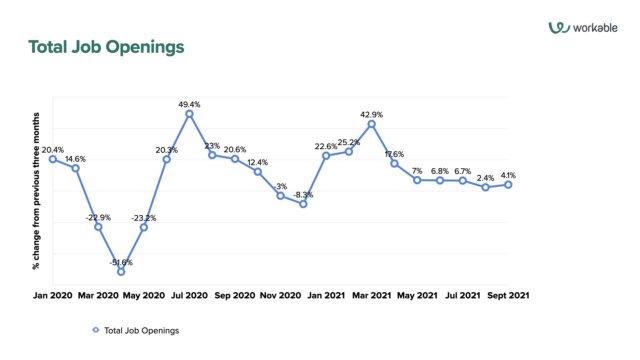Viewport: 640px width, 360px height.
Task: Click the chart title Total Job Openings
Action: click(106, 48)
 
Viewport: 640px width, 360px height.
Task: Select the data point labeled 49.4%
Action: click(189, 113)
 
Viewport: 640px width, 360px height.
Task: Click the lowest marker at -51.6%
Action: click(121, 271)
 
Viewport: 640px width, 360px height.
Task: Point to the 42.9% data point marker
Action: click(372, 124)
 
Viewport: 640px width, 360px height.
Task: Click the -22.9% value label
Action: click(97, 217)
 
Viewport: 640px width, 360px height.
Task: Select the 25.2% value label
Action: click(349, 142)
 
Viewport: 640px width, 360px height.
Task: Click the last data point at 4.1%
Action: click(508, 184)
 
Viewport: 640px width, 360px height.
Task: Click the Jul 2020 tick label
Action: click(188, 296)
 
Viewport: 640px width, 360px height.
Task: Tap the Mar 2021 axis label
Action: click(371, 296)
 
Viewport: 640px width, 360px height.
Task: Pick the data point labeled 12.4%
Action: click(258, 172)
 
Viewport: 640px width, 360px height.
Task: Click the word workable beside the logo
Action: click(598, 28)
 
